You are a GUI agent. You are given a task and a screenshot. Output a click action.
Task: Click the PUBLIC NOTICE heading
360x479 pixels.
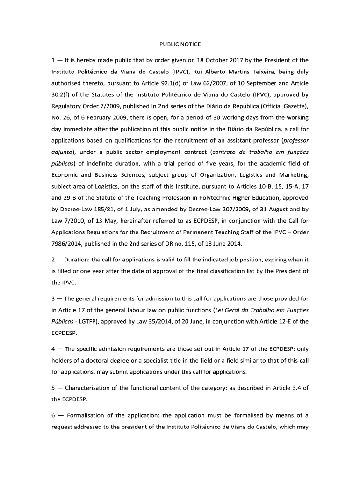pos(180,44)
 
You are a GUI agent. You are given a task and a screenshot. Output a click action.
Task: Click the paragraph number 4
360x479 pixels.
pos(53,349)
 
